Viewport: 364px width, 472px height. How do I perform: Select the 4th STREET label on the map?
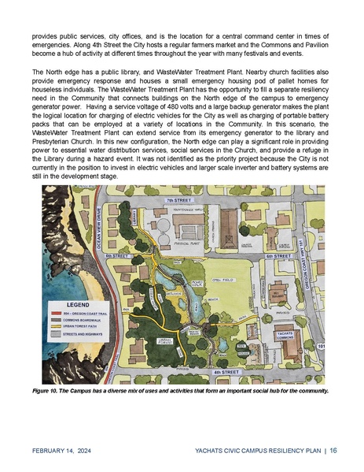[x=226, y=370]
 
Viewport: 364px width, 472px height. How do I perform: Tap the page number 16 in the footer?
[x=333, y=450]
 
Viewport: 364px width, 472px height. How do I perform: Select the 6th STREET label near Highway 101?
[x=279, y=256]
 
